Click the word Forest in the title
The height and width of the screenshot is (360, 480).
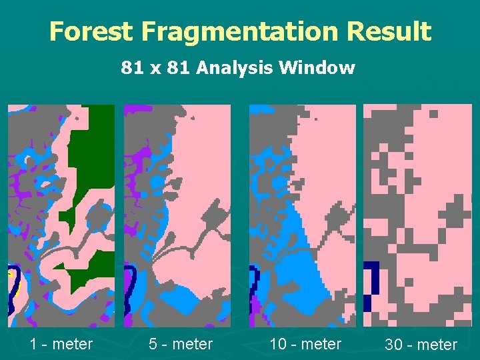[90, 31]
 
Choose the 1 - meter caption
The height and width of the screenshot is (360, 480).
[61, 344]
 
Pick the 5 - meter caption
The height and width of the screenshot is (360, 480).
[181, 344]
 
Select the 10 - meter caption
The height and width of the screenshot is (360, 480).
[305, 344]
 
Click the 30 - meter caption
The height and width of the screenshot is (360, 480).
[421, 345]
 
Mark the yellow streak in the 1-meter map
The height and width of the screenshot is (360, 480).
[11, 274]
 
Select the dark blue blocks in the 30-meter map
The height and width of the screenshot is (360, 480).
[371, 283]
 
